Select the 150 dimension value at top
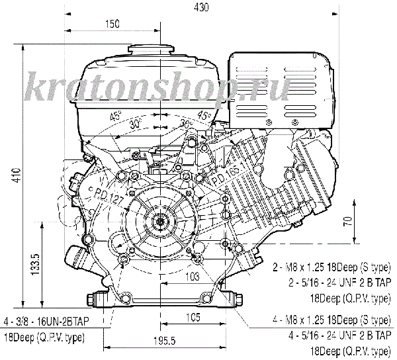coord(112,24)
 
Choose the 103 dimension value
coord(192,275)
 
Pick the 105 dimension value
coord(193,318)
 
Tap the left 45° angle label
coord(116,116)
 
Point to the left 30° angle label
coord(135,124)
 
